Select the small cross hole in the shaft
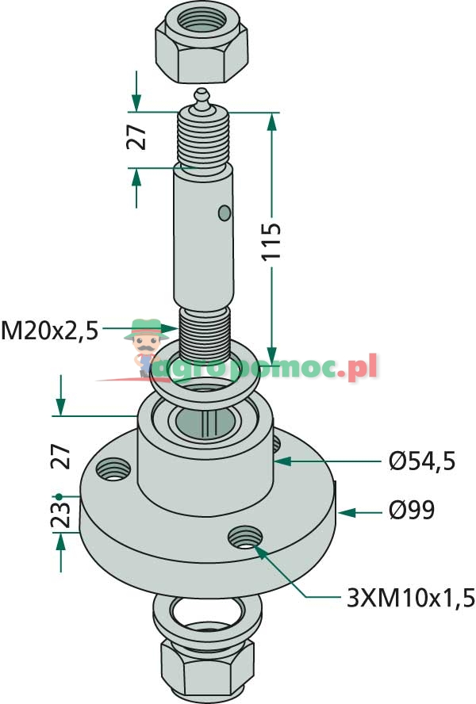(x=225, y=212)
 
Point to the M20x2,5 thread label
(x=49, y=329)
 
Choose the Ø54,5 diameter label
(x=422, y=461)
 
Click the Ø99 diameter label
(x=412, y=511)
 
